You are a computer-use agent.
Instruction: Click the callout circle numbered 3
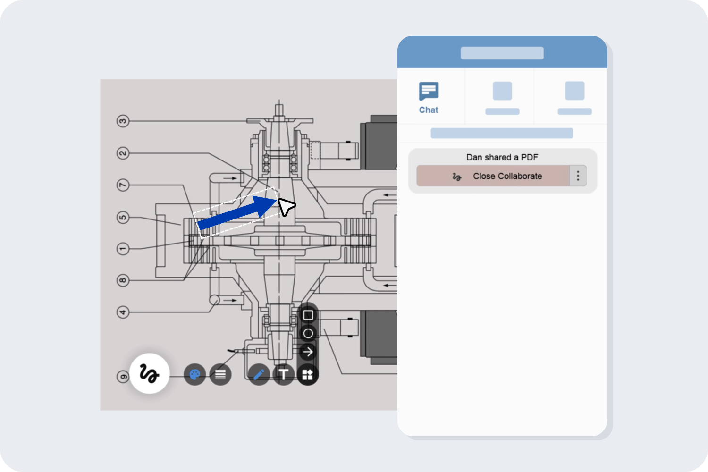click(123, 121)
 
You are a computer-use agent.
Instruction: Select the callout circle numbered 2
click(123, 153)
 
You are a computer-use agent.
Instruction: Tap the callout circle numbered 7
click(123, 185)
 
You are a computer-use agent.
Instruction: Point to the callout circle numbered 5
click(123, 217)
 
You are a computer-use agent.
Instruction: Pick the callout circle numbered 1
click(123, 249)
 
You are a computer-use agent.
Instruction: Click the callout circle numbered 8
click(123, 280)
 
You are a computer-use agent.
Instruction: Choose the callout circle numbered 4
click(123, 312)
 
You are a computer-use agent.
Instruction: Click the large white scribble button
click(149, 373)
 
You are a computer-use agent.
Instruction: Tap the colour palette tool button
click(194, 375)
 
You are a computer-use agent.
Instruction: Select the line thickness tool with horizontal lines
click(220, 375)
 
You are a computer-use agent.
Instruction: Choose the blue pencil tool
click(259, 375)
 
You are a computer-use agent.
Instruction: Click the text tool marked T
click(284, 375)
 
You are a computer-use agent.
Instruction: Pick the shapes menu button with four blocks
click(308, 375)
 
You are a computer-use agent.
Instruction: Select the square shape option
click(308, 315)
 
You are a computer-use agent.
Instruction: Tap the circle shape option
click(308, 334)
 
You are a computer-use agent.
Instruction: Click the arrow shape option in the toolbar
click(308, 352)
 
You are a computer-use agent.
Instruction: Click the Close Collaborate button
click(493, 176)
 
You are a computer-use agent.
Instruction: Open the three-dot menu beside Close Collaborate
click(578, 176)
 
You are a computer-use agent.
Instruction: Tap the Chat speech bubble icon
click(429, 91)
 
